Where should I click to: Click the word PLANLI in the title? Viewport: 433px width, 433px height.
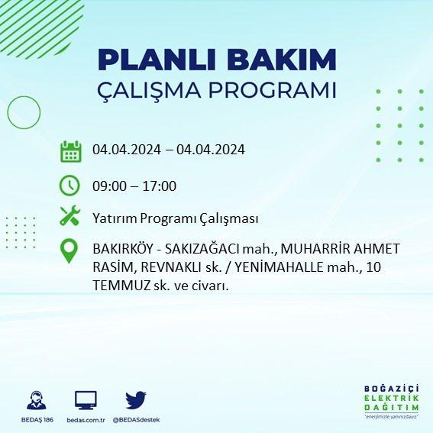[x=157, y=60]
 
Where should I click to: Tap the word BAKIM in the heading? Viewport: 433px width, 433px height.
[x=281, y=60]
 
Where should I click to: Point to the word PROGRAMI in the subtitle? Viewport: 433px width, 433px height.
[x=273, y=90]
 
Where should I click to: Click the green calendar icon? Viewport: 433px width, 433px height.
[x=71, y=151]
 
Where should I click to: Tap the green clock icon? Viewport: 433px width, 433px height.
[x=69, y=186]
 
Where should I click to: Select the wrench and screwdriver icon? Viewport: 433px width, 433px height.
[x=69, y=215]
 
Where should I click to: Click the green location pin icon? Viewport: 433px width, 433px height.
[x=69, y=250]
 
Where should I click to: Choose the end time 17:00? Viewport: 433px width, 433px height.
[x=160, y=186]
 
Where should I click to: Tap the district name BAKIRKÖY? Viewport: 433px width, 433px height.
[x=123, y=248]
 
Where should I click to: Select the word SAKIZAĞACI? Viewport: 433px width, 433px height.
[x=202, y=249]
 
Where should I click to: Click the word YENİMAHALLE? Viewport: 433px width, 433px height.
[x=279, y=267]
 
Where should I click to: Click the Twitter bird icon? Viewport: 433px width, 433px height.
[x=136, y=399]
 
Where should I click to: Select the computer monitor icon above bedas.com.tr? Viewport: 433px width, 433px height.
[x=86, y=400]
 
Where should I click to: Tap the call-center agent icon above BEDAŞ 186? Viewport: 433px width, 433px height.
[x=37, y=400]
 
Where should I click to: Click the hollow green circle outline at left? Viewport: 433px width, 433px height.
[x=8, y=112]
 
